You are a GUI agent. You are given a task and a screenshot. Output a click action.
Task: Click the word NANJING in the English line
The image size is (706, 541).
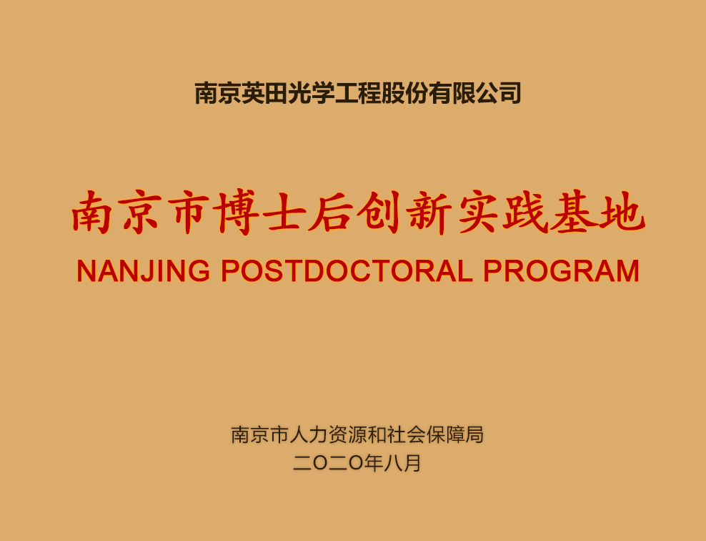[143, 271]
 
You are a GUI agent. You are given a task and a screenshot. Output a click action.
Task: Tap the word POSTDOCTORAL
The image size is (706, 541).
[347, 271]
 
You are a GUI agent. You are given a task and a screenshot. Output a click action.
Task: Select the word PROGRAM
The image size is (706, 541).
[561, 271]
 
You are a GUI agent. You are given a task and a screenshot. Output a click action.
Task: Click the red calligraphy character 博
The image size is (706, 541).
[236, 213]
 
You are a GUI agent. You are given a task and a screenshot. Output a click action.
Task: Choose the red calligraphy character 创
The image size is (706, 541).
[379, 213]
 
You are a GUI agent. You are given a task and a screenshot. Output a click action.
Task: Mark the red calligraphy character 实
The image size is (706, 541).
[478, 213]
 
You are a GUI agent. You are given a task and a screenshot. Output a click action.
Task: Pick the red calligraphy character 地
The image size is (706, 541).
[622, 213]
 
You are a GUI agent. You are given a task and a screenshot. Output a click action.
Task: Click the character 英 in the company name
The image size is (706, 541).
[253, 93]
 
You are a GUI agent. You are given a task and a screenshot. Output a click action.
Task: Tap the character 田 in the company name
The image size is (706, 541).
[277, 93]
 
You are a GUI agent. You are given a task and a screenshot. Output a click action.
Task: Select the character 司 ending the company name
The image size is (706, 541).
[510, 93]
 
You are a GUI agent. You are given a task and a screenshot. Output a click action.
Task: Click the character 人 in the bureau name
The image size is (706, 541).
[299, 434]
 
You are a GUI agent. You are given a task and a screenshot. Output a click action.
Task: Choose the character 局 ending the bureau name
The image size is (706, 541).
[474, 434]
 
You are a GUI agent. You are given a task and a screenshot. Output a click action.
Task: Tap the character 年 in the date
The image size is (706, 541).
[374, 463]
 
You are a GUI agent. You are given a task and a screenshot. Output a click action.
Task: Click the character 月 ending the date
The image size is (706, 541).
[412, 463]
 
